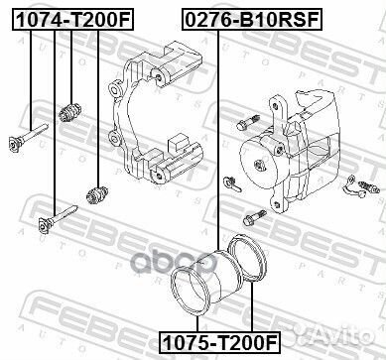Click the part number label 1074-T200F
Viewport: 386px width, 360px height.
click(x=72, y=20)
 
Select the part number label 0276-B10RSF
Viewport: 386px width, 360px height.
click(x=252, y=20)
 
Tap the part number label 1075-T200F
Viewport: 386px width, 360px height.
click(x=220, y=342)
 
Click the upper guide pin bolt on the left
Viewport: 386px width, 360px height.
click(x=29, y=137)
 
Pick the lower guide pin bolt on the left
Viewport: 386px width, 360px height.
click(x=58, y=219)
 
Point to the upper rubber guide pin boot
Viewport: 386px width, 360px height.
click(x=70, y=113)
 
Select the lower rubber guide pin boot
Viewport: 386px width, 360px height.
click(x=97, y=194)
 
